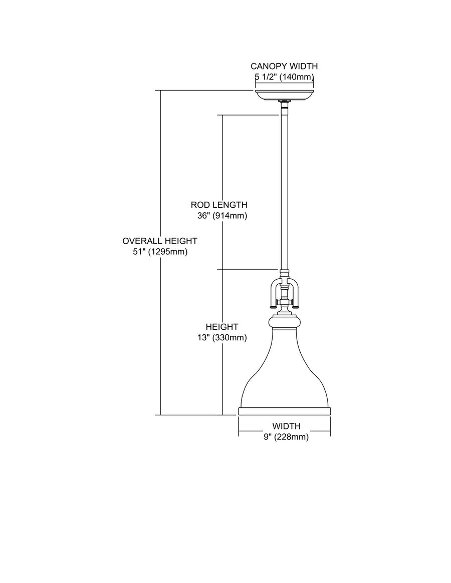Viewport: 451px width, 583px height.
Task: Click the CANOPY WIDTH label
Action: (284, 66)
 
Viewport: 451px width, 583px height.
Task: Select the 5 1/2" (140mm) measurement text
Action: (284, 77)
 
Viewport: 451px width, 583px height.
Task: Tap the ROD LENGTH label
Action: (219, 205)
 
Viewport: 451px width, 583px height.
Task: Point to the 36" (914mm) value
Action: (222, 216)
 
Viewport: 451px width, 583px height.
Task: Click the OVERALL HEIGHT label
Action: (160, 241)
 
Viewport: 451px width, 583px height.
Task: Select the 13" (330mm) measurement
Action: (222, 337)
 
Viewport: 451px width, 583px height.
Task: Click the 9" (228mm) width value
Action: (286, 437)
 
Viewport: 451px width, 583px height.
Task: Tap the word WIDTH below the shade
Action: (286, 426)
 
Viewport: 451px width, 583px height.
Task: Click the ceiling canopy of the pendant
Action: (284, 95)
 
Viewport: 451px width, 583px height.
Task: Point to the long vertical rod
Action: (284, 190)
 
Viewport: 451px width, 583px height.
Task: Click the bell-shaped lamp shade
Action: (284, 370)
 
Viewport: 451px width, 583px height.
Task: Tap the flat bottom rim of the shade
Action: (284, 411)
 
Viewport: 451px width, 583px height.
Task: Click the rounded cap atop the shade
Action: (284, 320)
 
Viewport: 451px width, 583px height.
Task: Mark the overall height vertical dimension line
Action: (160, 325)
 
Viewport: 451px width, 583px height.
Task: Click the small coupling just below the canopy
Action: (284, 104)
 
